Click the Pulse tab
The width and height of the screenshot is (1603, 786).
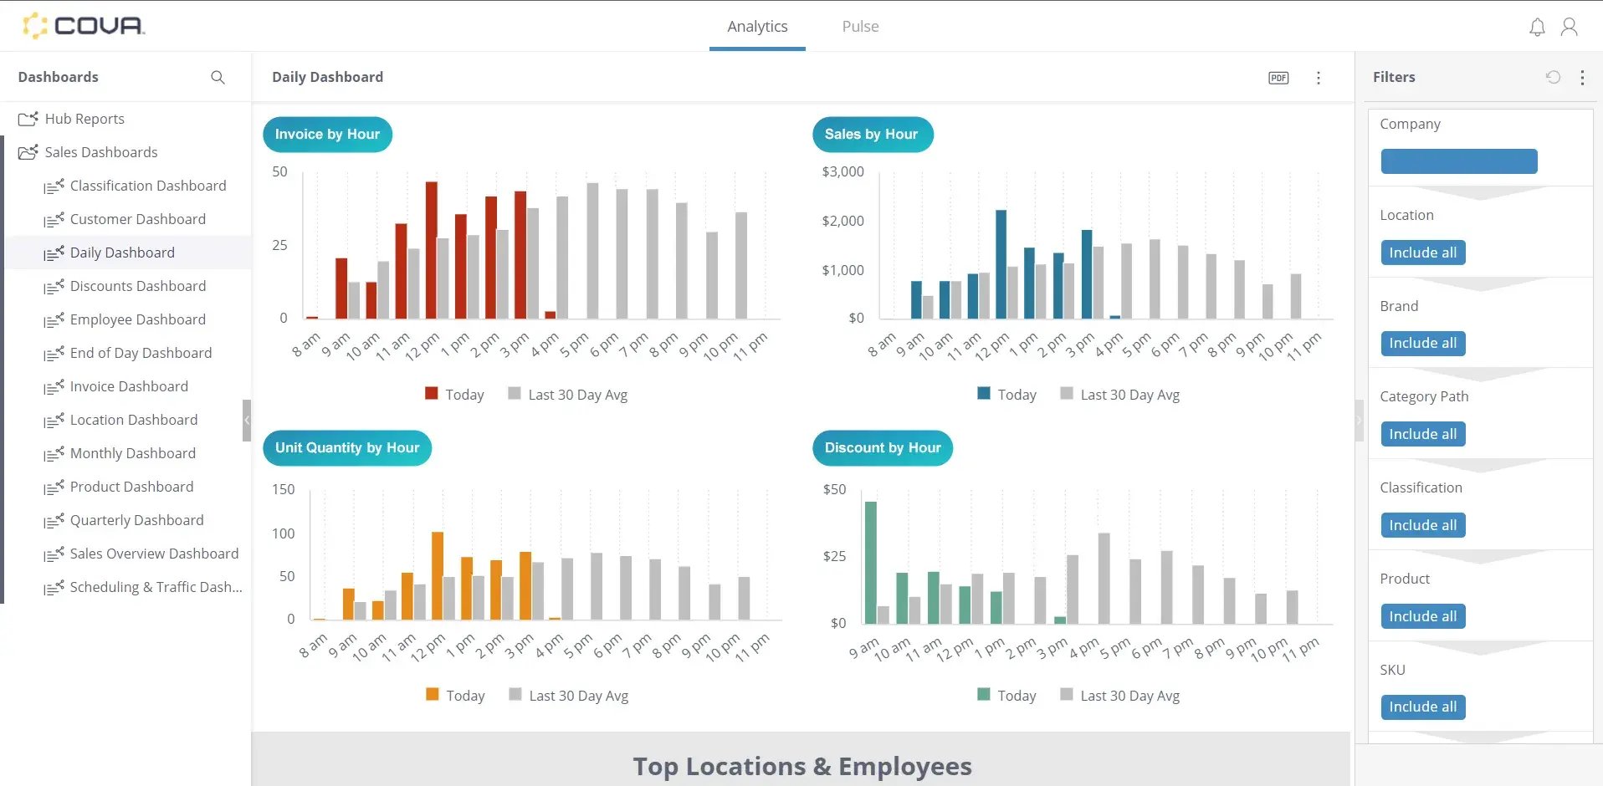tap(860, 27)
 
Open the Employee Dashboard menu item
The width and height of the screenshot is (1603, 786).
tap(137, 319)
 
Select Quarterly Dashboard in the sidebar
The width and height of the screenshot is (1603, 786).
tap(136, 520)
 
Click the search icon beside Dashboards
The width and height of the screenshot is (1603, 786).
tap(218, 77)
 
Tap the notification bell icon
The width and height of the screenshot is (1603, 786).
tap(1537, 28)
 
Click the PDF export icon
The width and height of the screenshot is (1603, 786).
tap(1278, 78)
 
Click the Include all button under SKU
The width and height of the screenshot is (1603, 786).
tap(1422, 707)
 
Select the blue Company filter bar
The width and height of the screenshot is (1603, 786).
tap(1458, 161)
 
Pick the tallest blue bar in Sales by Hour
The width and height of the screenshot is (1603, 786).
tap(1001, 263)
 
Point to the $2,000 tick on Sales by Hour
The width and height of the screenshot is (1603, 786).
tap(842, 221)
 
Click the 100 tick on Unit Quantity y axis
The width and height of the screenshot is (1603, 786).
tap(284, 533)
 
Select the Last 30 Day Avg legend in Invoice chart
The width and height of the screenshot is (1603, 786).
tap(568, 395)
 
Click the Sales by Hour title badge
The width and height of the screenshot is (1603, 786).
tap(872, 135)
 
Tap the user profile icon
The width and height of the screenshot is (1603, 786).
tap(1570, 28)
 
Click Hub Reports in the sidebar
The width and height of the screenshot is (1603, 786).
tap(84, 119)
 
